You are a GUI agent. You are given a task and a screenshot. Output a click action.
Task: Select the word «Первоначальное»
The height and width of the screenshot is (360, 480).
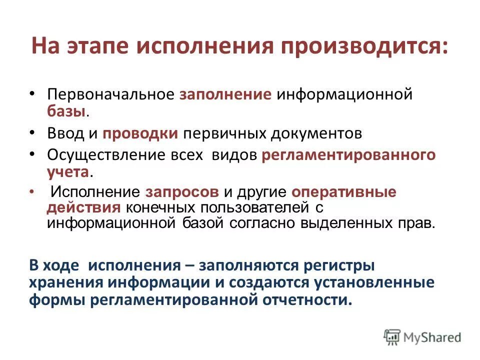click(x=109, y=95)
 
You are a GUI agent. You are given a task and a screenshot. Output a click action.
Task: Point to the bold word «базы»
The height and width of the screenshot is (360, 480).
click(x=66, y=111)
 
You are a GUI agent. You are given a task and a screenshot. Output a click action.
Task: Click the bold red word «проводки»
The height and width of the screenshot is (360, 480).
click(x=140, y=133)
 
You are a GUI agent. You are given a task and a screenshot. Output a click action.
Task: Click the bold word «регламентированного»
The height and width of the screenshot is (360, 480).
click(x=348, y=155)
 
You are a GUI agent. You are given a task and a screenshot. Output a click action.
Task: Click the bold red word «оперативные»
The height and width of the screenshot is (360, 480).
click(x=343, y=192)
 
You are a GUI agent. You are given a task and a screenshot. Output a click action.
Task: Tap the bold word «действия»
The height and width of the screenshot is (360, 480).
click(x=77, y=207)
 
